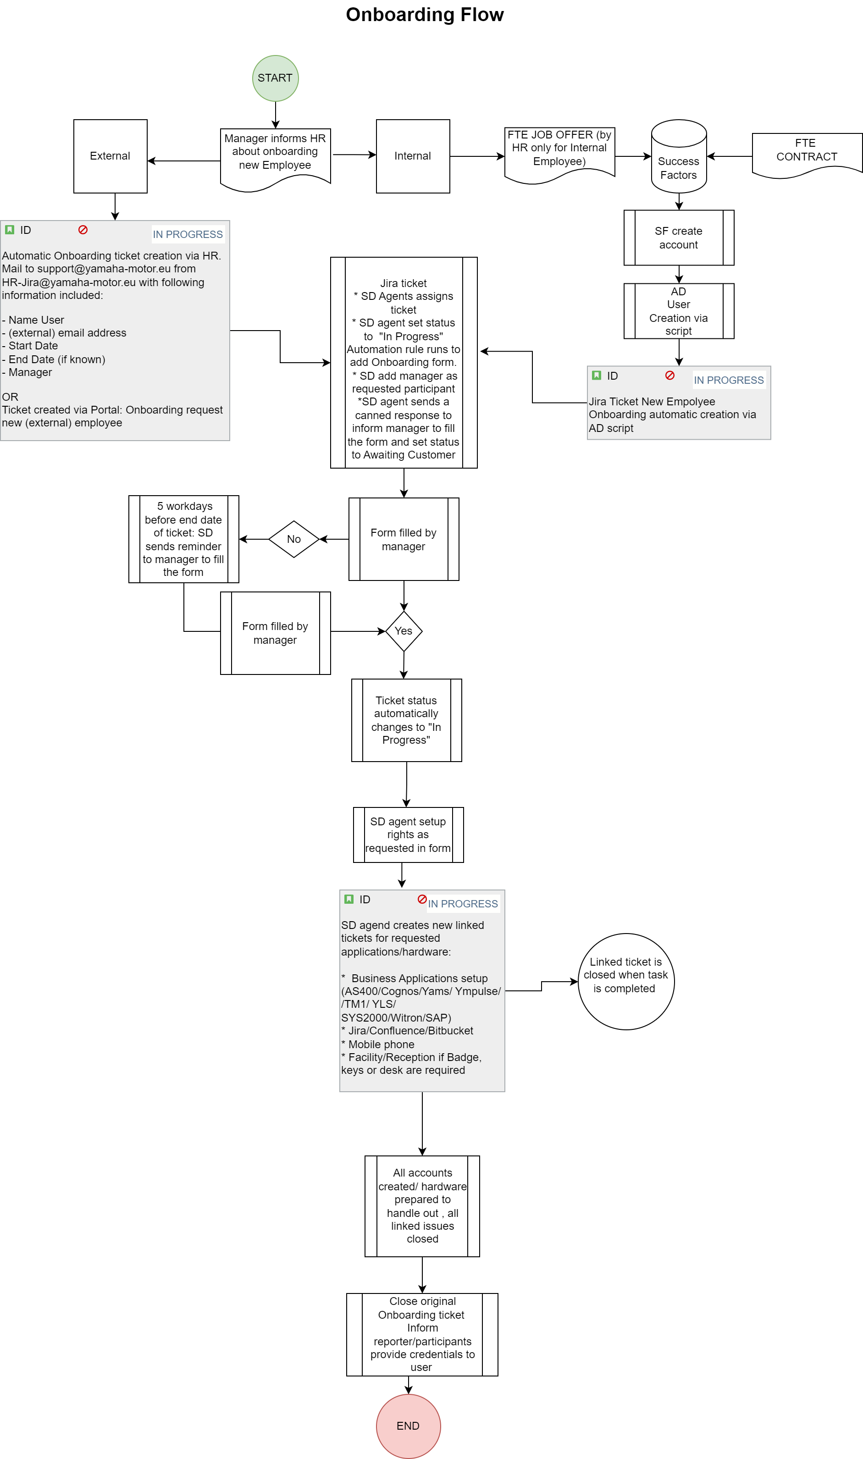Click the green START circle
(275, 78)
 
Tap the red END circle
(408, 1426)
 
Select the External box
(111, 156)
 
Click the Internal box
(413, 156)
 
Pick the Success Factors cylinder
(679, 156)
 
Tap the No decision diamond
(293, 539)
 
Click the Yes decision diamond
(404, 631)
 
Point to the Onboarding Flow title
(425, 15)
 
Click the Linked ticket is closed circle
(626, 982)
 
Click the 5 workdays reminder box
(184, 539)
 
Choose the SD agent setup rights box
(408, 835)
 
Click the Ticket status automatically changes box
(406, 720)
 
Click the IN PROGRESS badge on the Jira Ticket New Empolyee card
(729, 380)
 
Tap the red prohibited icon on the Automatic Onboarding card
(83, 230)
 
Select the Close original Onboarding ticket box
(422, 1334)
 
